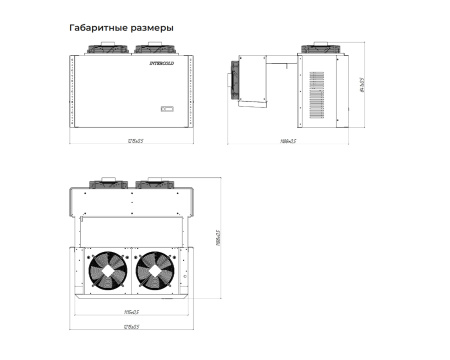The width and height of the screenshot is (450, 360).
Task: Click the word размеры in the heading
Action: (x=153, y=28)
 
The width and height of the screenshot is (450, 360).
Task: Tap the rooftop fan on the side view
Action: (x=319, y=48)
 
